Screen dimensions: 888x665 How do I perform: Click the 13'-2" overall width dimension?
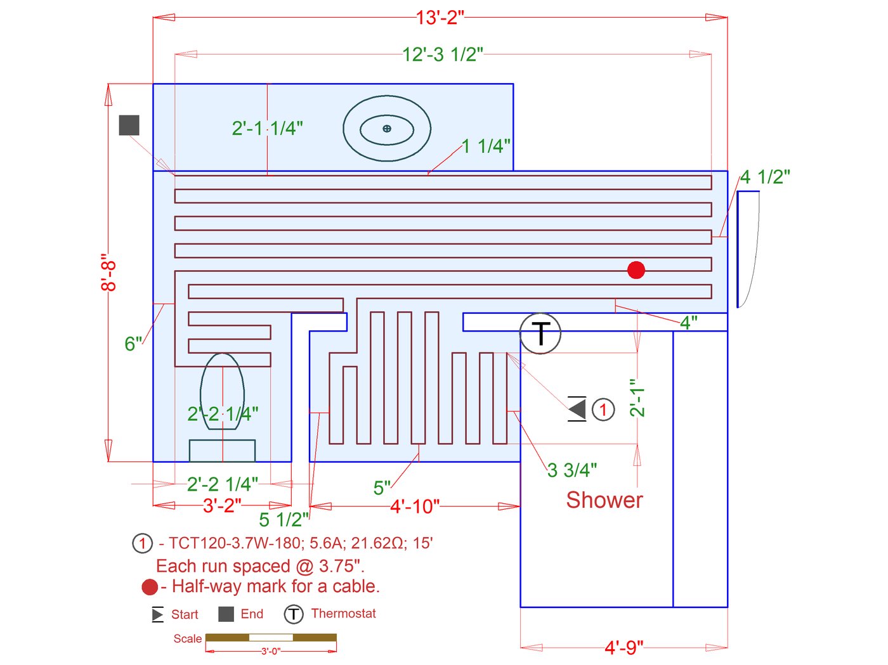pos(440,18)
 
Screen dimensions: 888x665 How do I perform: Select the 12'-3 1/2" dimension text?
pos(443,54)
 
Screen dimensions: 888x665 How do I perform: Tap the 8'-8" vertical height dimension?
pos(108,273)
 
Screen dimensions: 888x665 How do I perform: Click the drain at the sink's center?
pos(387,129)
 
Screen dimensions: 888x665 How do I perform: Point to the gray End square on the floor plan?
pos(129,125)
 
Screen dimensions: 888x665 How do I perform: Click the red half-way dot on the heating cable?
pos(636,270)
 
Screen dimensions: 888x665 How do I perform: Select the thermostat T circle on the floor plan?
pos(540,333)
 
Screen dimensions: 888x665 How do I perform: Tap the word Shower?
pos(604,500)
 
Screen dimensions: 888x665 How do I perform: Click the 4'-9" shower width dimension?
pos(624,648)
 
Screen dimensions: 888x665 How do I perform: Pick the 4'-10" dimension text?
pos(415,506)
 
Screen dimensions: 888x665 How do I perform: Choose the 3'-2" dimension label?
pos(222,505)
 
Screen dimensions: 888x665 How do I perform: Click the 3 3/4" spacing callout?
pos(572,470)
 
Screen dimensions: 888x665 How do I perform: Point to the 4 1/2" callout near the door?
pos(765,177)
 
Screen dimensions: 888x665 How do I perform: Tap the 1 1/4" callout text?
pos(486,146)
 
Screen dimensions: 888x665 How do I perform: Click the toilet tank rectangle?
pos(222,450)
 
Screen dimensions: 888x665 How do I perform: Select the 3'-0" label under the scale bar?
pos(271,651)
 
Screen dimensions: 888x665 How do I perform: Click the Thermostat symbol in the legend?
pos(293,614)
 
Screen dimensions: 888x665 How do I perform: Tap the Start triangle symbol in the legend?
pos(157,614)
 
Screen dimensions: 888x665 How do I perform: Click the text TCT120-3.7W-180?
pos(235,543)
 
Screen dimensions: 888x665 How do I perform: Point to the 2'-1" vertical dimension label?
pos(637,397)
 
